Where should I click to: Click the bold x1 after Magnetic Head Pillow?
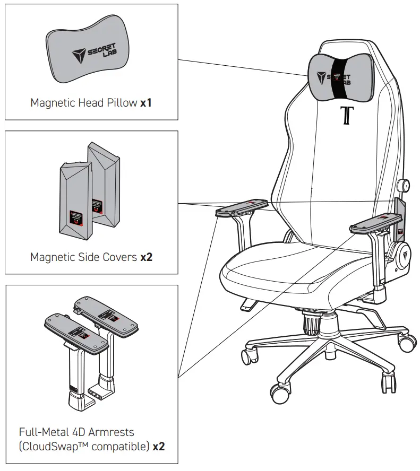[146, 103]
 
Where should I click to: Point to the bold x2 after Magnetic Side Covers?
[146, 257]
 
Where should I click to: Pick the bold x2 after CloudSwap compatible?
[158, 446]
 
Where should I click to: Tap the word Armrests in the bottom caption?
[113, 432]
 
